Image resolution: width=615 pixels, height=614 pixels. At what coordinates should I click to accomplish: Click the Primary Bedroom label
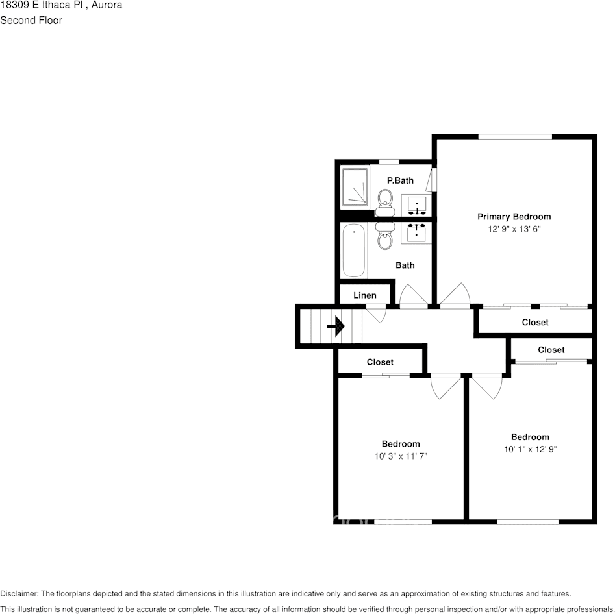514,217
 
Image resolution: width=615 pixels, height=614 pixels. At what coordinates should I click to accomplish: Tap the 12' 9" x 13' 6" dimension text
514,229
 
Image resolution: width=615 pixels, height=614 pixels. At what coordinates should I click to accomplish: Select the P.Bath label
400,180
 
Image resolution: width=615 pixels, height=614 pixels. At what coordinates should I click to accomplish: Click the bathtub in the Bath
354,251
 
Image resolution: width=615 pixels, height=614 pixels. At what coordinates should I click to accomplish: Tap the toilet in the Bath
385,238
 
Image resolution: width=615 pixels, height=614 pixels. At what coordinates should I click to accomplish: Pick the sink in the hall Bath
416,232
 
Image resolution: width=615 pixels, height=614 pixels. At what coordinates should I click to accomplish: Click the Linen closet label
364,295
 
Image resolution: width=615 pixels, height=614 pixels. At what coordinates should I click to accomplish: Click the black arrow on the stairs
336,326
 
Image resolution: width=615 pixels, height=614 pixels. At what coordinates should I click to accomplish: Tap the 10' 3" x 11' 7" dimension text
400,456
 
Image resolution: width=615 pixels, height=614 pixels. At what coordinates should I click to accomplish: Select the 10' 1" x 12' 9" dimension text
530,449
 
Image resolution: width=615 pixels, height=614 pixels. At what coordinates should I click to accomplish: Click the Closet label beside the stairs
380,362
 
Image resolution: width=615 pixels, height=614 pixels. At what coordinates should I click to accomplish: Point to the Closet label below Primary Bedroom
534,322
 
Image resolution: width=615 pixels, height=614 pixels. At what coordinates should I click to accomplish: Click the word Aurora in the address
106,5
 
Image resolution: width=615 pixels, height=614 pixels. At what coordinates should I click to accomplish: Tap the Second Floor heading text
31,20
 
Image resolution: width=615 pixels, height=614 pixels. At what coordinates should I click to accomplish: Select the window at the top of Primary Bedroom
515,136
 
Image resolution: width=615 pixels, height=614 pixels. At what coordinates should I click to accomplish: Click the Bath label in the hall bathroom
405,265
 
